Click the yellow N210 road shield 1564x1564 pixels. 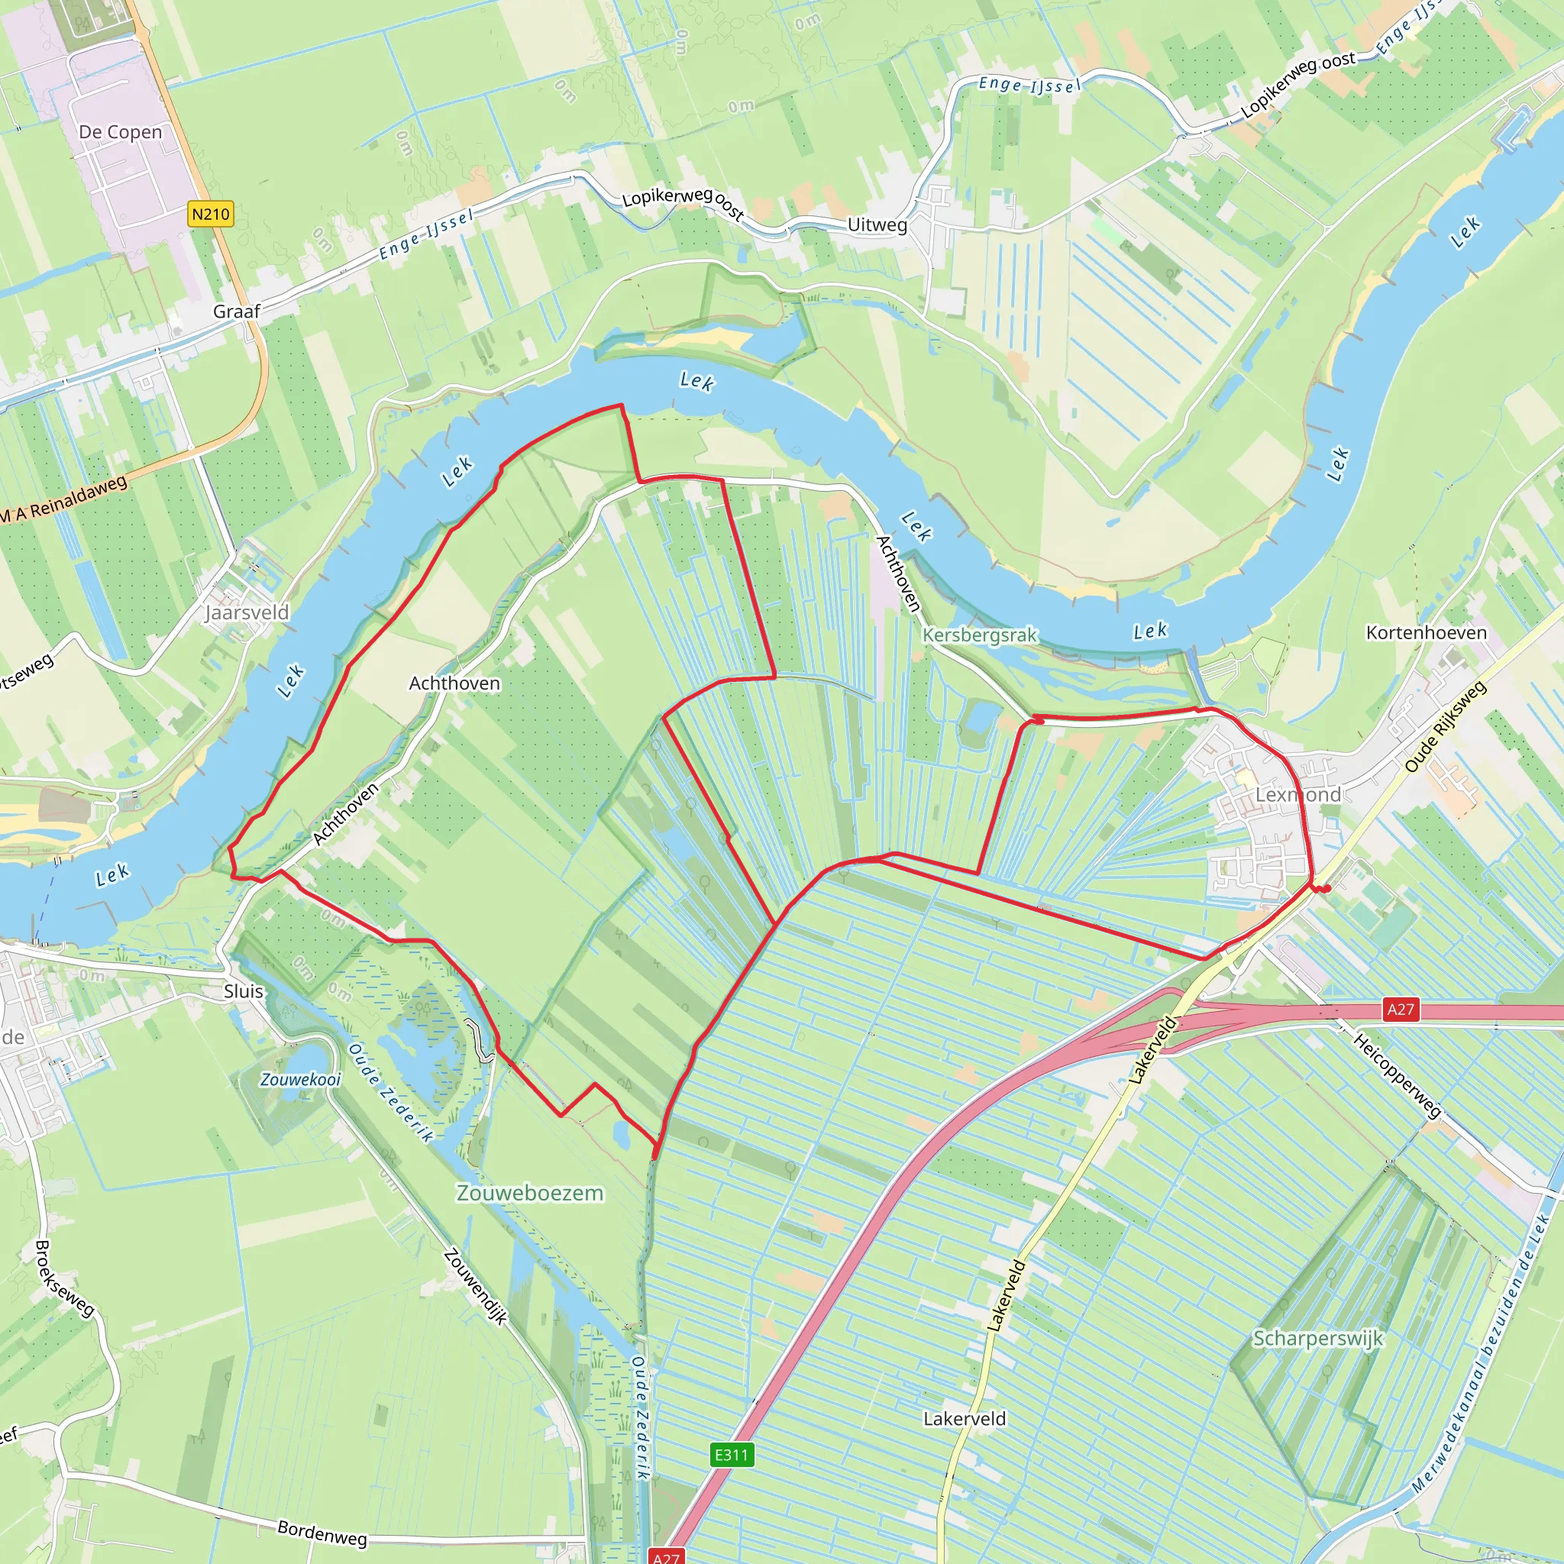(x=211, y=214)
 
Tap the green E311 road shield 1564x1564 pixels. (x=732, y=1455)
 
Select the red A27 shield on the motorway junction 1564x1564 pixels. (x=1401, y=1009)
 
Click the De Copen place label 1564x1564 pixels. (x=121, y=132)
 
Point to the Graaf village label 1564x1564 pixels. (x=237, y=312)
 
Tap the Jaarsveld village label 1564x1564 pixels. (x=247, y=612)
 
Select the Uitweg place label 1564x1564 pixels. (x=877, y=225)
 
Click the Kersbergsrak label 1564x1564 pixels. (x=980, y=635)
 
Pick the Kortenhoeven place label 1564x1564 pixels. (x=1427, y=632)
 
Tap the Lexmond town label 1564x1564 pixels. (x=1297, y=795)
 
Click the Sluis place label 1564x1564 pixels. (x=244, y=990)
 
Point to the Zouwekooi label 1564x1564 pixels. (x=300, y=1079)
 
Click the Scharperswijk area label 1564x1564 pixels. (x=1318, y=1338)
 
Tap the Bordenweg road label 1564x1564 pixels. (x=322, y=1533)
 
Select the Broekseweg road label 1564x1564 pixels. (x=65, y=1278)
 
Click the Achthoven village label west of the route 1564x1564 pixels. (x=454, y=683)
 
